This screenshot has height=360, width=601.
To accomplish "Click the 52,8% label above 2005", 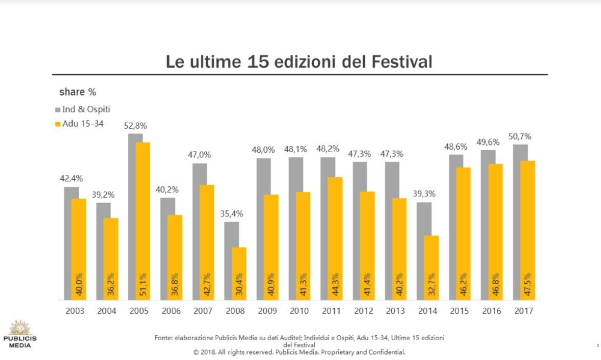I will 135,126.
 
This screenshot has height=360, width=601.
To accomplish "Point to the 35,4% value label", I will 231,213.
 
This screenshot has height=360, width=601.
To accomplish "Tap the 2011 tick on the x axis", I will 331,311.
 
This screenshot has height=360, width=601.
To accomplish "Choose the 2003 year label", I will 75,311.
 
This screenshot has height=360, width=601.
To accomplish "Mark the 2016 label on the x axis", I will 492,311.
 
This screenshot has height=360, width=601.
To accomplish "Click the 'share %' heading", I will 78,92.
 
